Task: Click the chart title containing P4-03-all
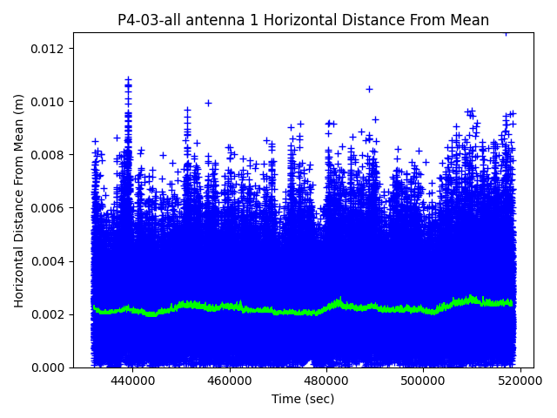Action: click(x=303, y=20)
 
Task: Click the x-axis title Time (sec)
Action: click(x=303, y=399)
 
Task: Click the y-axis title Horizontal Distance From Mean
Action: click(x=19, y=200)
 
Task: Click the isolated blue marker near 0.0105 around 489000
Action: click(x=369, y=89)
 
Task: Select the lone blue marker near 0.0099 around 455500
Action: click(x=208, y=103)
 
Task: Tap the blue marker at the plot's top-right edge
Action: click(x=506, y=33)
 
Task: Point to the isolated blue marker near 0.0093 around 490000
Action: click(x=375, y=119)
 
